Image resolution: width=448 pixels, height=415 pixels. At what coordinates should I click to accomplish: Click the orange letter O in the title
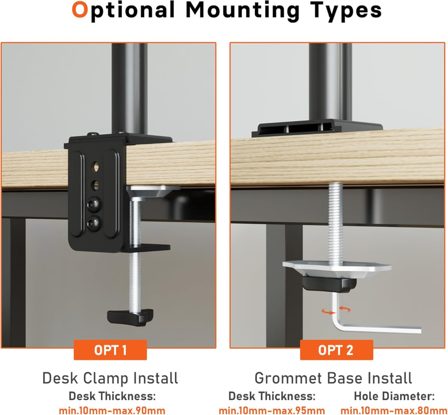click(x=80, y=10)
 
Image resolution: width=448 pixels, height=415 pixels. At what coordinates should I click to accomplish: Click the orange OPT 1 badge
click(x=110, y=350)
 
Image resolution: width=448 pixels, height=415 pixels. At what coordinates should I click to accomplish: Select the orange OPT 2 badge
click(x=336, y=350)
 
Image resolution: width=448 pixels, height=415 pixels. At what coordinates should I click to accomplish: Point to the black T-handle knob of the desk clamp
click(x=130, y=317)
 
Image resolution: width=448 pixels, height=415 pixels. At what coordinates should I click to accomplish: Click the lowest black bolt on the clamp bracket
click(x=94, y=222)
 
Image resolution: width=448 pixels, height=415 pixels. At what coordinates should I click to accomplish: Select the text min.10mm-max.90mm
click(x=112, y=410)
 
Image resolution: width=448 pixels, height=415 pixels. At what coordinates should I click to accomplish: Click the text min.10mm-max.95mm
click(x=272, y=410)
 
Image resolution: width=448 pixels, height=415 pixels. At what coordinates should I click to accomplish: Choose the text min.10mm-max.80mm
click(x=394, y=410)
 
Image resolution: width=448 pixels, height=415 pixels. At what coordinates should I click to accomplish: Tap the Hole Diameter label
click(x=394, y=396)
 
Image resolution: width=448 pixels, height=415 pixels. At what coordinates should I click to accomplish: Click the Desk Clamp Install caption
click(x=110, y=378)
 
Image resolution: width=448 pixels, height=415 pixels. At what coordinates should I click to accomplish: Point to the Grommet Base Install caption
click(x=333, y=378)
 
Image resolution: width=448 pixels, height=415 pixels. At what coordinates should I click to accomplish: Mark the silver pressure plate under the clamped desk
click(x=154, y=190)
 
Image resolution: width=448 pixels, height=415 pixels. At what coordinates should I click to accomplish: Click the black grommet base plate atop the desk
click(x=317, y=128)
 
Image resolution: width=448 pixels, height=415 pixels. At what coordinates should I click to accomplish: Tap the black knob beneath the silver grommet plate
click(x=329, y=284)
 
